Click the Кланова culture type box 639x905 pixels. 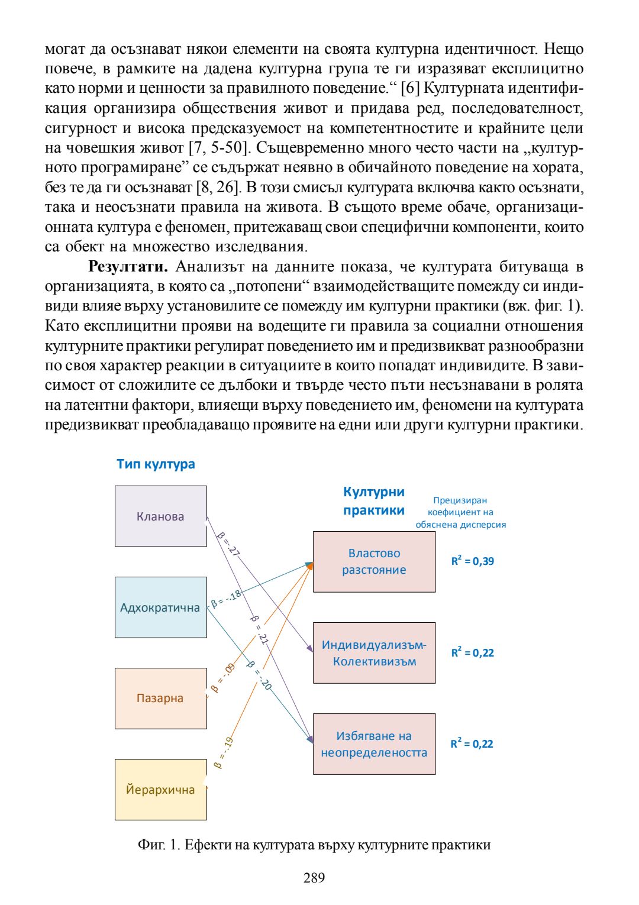pyautogui.click(x=160, y=516)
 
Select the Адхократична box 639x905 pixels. pyautogui.click(x=160, y=607)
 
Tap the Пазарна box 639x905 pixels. pyautogui.click(x=160, y=698)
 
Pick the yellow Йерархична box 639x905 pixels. pyautogui.click(x=160, y=790)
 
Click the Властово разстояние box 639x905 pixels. pyautogui.click(x=374, y=562)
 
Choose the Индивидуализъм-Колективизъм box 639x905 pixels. pyautogui.click(x=374, y=653)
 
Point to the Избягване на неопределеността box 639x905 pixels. pyautogui.click(x=374, y=744)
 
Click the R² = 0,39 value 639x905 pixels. pyautogui.click(x=472, y=561)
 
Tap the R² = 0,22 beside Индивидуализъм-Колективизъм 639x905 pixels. pyautogui.click(x=472, y=652)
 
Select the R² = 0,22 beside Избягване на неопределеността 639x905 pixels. pyautogui.click(x=472, y=744)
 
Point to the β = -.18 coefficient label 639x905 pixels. pyautogui.click(x=227, y=599)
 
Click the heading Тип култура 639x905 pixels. pyautogui.click(x=156, y=464)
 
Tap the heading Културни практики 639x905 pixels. pyautogui.click(x=374, y=501)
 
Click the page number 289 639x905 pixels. pyautogui.click(x=314, y=878)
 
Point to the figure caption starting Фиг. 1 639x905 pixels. pyautogui.click(x=314, y=845)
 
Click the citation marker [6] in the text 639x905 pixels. pyautogui.click(x=410, y=88)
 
